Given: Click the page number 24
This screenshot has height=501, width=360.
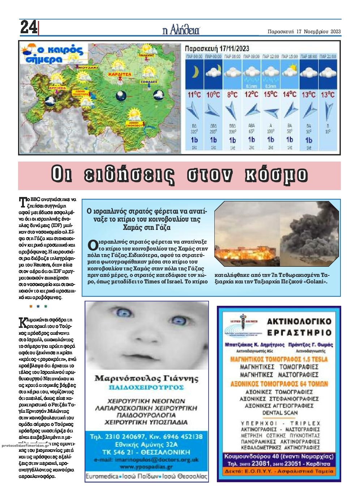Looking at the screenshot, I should [29, 27].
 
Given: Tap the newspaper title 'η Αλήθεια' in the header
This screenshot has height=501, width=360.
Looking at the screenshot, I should [181, 31].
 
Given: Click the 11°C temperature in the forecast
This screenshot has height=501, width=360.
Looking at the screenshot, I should [194, 95].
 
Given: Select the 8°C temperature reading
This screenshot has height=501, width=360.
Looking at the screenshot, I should [232, 95].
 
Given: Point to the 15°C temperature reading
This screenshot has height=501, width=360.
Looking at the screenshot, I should [271, 95].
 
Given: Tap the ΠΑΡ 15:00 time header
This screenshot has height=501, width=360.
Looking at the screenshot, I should [290, 57].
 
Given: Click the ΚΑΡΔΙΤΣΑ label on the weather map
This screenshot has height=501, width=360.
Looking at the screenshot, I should [118, 74].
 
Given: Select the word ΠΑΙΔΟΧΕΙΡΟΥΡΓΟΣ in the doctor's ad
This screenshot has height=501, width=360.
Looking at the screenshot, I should [146, 387].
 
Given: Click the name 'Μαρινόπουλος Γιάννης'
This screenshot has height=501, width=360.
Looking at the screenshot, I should [146, 378].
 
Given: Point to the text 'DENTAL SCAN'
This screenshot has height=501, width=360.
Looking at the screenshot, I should [280, 412].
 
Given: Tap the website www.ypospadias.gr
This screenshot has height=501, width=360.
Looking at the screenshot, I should [146, 467].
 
